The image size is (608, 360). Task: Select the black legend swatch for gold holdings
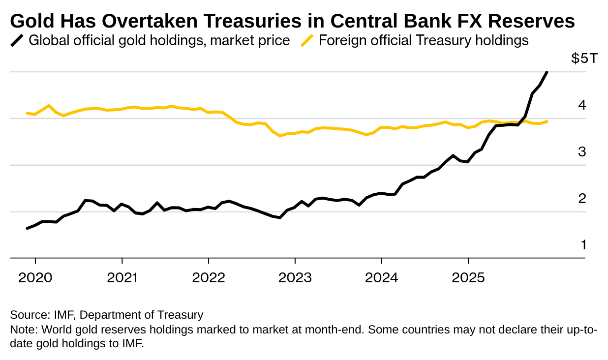click(17, 40)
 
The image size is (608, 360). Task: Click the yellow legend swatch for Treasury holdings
click(307, 40)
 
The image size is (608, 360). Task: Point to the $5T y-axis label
click(584, 59)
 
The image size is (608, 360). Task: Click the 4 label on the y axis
click(582, 105)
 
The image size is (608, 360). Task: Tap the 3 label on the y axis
click(582, 152)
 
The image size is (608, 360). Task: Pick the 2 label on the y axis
click(582, 199)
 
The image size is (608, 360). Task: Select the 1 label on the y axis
click(583, 245)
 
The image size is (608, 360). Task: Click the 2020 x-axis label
click(35, 278)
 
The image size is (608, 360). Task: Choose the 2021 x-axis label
click(122, 278)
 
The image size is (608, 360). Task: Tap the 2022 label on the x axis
click(209, 278)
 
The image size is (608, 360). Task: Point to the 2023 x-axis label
click(295, 278)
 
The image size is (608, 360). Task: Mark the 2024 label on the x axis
click(382, 278)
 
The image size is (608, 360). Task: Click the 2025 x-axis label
click(468, 278)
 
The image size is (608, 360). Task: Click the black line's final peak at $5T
click(547, 72)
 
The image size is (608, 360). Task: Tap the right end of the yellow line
click(547, 121)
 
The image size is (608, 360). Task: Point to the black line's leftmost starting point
click(27, 228)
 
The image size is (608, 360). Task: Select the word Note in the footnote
click(21, 329)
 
